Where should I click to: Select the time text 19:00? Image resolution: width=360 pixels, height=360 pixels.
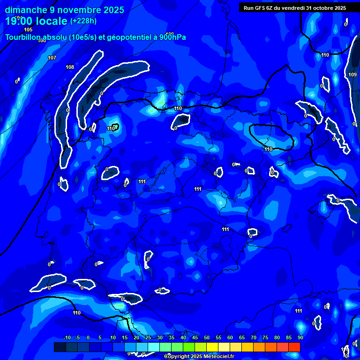(x=20, y=22)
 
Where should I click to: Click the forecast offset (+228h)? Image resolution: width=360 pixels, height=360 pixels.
(x=83, y=21)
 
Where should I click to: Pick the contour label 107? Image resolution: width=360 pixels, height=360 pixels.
(x=52, y=58)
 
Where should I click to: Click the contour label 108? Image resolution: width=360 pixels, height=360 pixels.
(x=70, y=67)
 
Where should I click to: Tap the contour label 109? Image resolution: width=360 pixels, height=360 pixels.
(x=352, y=75)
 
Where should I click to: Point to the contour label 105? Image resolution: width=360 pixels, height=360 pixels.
(x=28, y=69)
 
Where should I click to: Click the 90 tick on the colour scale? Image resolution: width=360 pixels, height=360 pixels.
(x=300, y=337)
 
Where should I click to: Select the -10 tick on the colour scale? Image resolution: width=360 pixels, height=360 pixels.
(x=67, y=337)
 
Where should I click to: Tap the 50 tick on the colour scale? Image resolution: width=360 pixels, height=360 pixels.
(x=206, y=337)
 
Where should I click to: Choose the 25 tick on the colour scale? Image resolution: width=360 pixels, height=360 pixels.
(x=148, y=337)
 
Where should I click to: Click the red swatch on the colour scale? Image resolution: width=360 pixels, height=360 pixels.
(x=294, y=347)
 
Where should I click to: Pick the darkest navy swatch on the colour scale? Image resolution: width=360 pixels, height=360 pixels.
(x=60, y=347)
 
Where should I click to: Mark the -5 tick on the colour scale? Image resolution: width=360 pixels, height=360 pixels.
(x=77, y=337)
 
